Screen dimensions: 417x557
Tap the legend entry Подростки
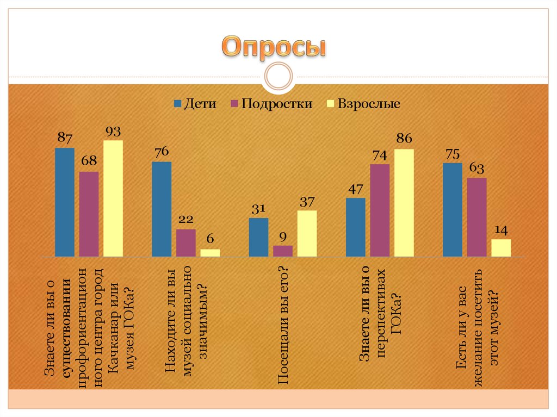coord(271,104)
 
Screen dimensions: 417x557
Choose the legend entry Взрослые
coord(362,104)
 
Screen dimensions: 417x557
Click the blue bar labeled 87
coord(65,202)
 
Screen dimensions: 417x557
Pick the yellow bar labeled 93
coord(113,198)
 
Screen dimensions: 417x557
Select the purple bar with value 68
coord(89,214)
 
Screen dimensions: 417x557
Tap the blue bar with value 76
coord(162,209)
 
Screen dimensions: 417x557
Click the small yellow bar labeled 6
coord(210,253)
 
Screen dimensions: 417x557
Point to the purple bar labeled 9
coord(283,251)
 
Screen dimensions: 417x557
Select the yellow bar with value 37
coord(307,233)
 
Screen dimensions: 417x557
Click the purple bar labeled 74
coord(380,210)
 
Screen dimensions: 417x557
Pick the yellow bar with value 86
coord(404,202)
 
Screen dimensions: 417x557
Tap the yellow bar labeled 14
coord(501,247)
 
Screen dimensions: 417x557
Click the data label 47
coord(355,190)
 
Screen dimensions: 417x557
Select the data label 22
coord(186,219)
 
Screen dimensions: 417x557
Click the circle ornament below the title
coord(278,76)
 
